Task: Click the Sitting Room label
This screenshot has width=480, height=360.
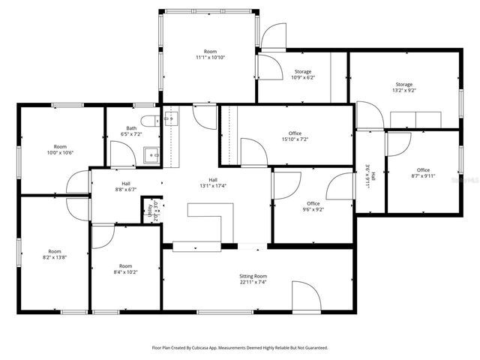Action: (253, 276)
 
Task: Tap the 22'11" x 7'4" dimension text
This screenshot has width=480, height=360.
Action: (253, 283)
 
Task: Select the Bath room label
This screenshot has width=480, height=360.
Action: (131, 128)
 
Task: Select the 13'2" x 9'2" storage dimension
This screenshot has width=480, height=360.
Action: (404, 91)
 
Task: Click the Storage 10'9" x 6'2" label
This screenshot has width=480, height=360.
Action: (302, 72)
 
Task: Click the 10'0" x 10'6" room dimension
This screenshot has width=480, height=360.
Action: (61, 152)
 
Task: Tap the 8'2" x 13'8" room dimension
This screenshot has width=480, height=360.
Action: (55, 257)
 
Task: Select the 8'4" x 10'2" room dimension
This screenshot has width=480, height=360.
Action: (125, 272)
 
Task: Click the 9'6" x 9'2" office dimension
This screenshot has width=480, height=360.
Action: (313, 210)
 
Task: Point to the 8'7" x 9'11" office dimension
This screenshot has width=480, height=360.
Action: (423, 176)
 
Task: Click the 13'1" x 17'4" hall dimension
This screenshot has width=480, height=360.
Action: (213, 186)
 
